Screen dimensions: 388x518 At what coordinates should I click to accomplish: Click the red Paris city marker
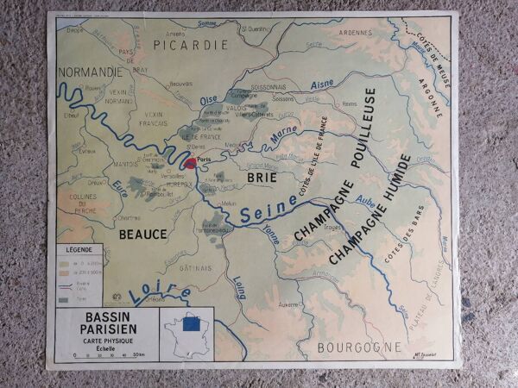(x=191, y=162)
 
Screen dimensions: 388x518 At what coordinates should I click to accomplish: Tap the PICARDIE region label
(x=190, y=44)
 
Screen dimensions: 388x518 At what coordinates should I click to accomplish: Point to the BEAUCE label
(x=143, y=233)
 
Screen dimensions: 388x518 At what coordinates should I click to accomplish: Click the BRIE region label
(x=261, y=178)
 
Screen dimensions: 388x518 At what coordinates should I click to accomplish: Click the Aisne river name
(x=320, y=84)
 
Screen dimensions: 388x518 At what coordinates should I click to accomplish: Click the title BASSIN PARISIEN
(x=106, y=324)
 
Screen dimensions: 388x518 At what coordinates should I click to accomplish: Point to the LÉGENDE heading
(x=79, y=251)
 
